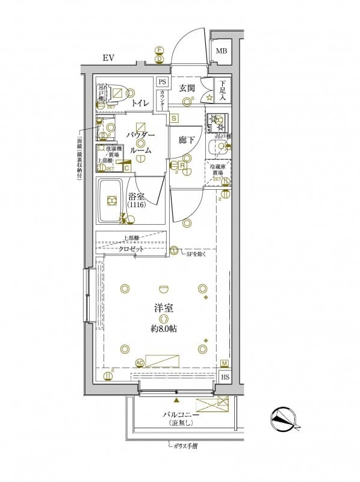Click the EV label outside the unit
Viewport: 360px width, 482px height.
(108, 58)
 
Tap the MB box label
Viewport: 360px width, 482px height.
(222, 51)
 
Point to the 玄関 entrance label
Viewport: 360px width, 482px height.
(187, 88)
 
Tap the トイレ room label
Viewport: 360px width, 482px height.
(141, 104)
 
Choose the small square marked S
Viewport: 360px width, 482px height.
(173, 119)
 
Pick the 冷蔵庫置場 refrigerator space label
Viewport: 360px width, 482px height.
(217, 170)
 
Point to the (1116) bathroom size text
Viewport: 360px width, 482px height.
(136, 206)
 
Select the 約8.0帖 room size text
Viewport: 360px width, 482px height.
(163, 329)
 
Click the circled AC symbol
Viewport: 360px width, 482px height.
(140, 363)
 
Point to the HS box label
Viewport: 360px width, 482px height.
(225, 377)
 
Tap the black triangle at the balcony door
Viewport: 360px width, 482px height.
(176, 399)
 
